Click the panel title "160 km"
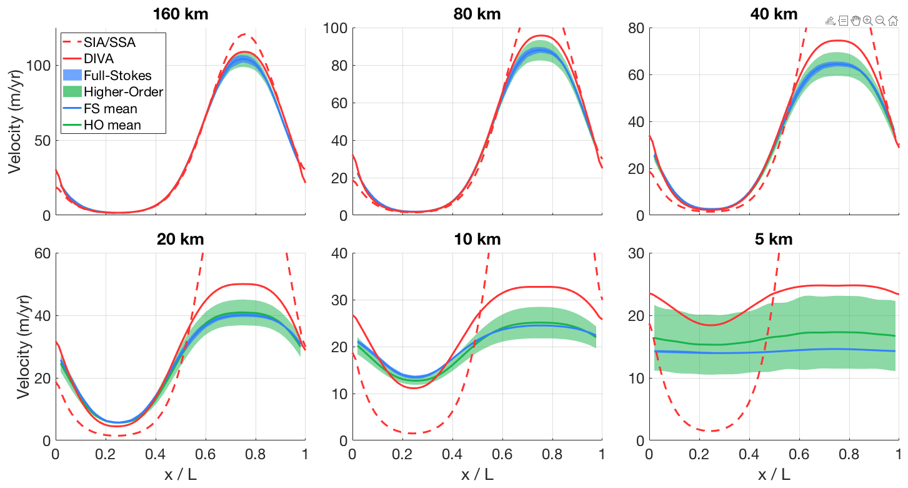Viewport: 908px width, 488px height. coord(181,13)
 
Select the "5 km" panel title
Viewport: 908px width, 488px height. coord(774,239)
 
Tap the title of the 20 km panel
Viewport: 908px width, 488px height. coord(181,239)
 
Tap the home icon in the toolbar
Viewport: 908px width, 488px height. coord(893,21)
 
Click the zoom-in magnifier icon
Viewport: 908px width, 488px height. coord(867,21)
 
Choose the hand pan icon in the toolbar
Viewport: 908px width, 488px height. coord(856,21)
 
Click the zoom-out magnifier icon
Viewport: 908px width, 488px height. coord(880,21)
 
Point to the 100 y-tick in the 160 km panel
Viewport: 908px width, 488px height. coord(39,66)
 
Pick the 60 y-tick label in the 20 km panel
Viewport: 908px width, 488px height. coord(42,253)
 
